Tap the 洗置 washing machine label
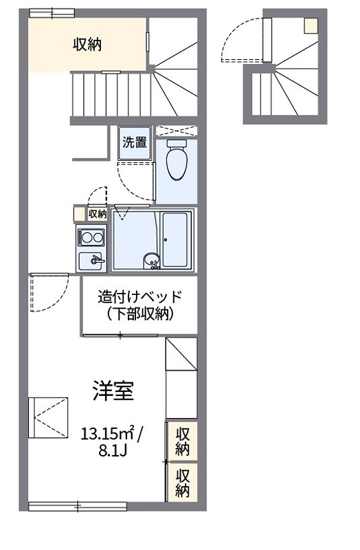pyautogui.click(x=134, y=143)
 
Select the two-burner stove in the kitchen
pyautogui.click(x=91, y=239)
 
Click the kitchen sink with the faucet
pyautogui.click(x=91, y=261)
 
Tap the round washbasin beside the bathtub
pyautogui.click(x=150, y=260)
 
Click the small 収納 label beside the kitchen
pyautogui.click(x=98, y=214)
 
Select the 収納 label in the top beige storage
pyautogui.click(x=87, y=45)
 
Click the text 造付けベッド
pyautogui.click(x=139, y=297)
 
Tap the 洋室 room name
pyautogui.click(x=113, y=390)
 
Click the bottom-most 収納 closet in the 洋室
pyautogui.click(x=182, y=483)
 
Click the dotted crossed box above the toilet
pyautogui.click(x=175, y=131)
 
